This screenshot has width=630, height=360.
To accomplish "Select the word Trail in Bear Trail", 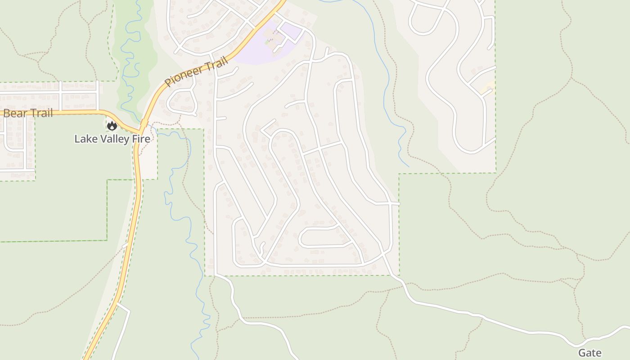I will [40, 113].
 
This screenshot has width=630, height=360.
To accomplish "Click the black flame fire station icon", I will [112, 126].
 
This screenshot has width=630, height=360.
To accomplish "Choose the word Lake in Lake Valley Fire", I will [84, 139].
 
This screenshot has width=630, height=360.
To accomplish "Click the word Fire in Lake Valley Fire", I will [140, 139].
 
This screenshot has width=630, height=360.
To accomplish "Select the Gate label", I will [589, 353].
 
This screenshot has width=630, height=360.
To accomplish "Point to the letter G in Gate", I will [582, 353].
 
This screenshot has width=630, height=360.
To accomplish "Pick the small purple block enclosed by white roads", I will [292, 32].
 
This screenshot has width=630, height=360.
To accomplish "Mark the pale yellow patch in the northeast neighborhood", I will [487, 89].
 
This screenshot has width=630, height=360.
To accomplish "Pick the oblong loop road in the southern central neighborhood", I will [323, 237].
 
